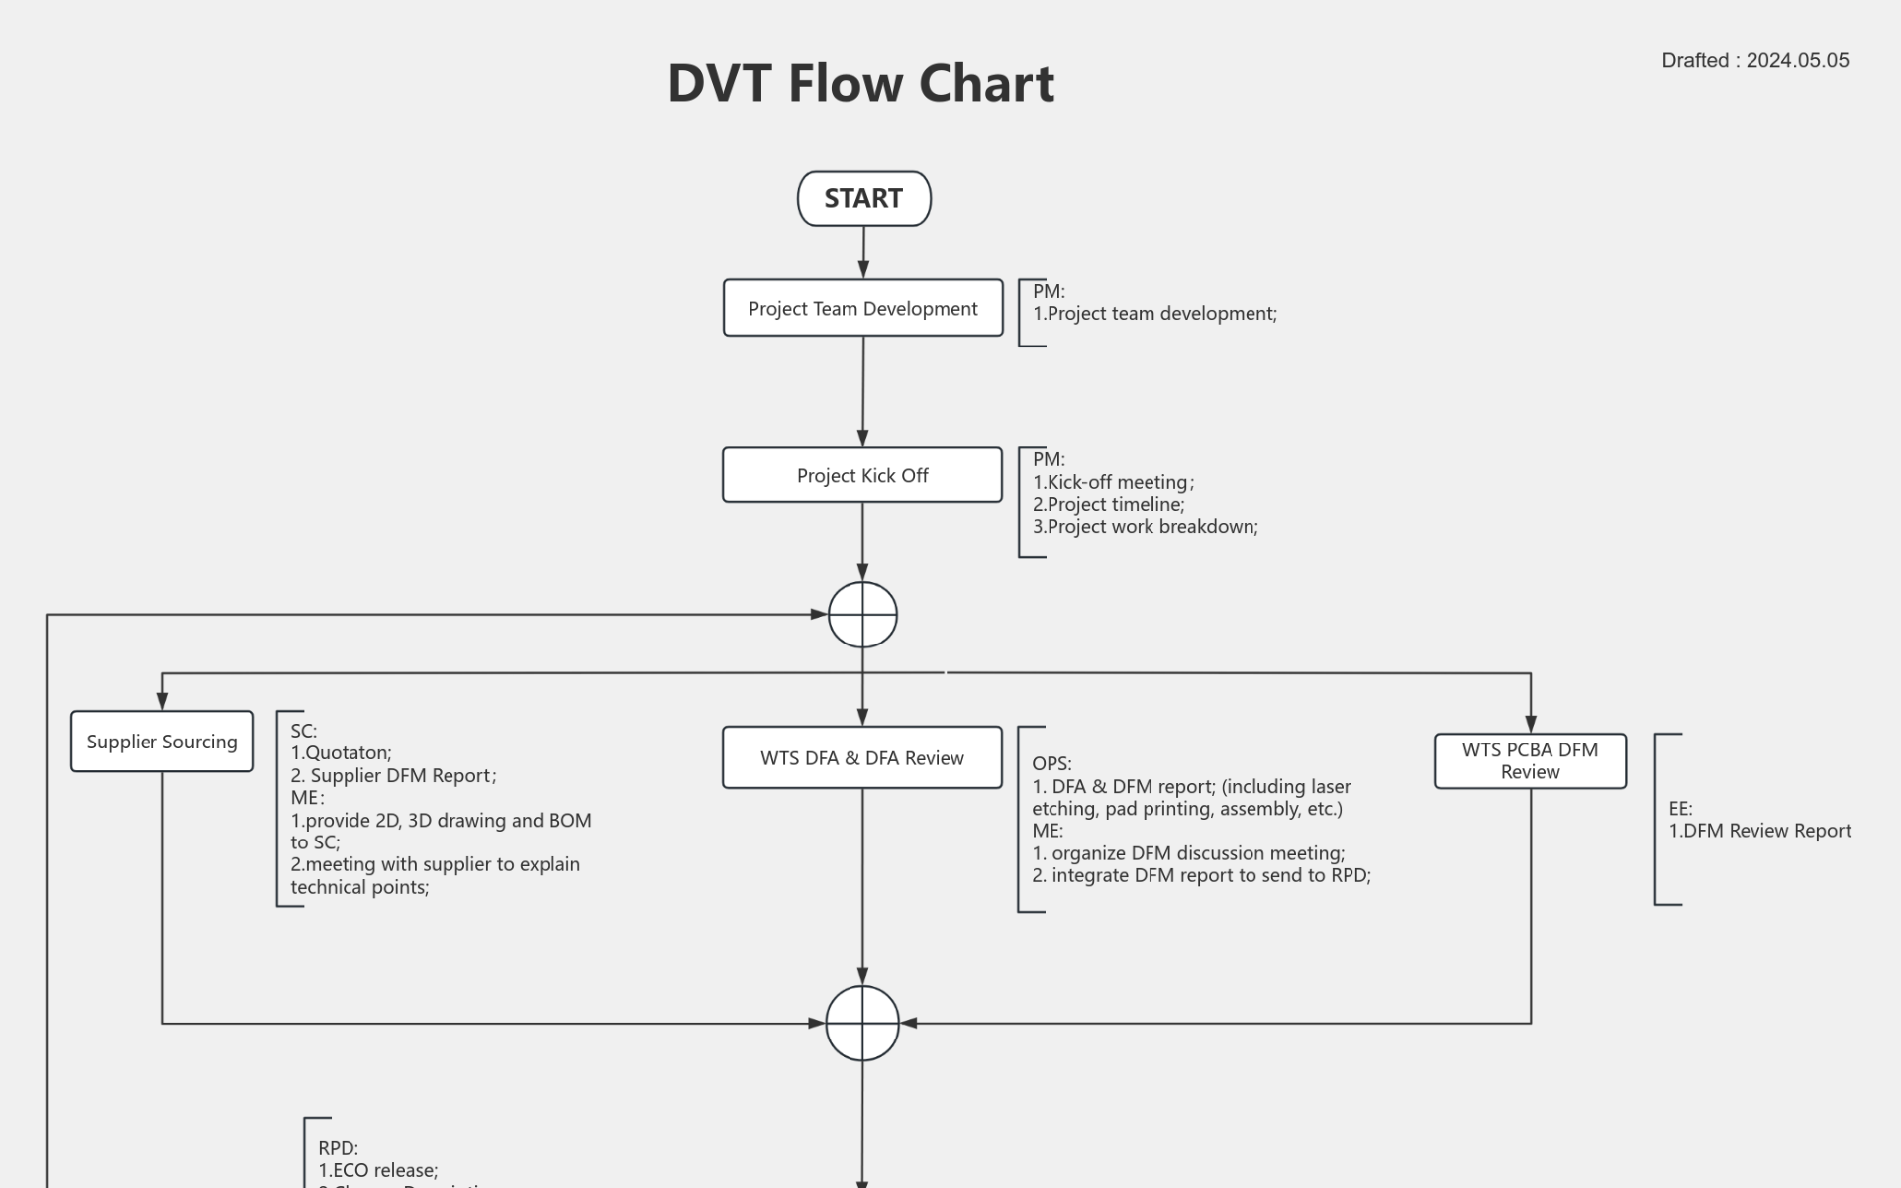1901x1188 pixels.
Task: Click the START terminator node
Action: point(863,199)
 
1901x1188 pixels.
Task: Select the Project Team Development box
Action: point(862,308)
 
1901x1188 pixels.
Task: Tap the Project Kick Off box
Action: point(861,475)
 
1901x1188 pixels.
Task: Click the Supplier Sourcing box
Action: point(161,742)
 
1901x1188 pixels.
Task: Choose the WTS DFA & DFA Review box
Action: point(861,758)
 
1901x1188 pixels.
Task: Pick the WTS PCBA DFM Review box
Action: point(1530,760)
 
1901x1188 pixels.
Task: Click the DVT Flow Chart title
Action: point(860,83)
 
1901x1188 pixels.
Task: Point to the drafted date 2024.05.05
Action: point(1796,60)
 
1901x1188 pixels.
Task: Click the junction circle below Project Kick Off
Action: point(862,615)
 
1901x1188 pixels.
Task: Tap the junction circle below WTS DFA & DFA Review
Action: point(862,1023)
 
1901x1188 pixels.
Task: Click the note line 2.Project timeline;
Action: point(1108,504)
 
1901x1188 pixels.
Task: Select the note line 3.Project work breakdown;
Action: point(1145,527)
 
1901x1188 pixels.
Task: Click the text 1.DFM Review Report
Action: point(1759,831)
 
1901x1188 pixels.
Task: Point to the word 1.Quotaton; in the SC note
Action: point(341,752)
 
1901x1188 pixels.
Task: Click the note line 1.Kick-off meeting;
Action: point(1113,482)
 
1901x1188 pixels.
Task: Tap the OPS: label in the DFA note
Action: point(1051,763)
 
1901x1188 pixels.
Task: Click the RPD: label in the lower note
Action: point(338,1148)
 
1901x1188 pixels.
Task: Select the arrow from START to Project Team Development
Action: point(863,251)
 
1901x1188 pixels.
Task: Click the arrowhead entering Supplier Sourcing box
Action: point(162,701)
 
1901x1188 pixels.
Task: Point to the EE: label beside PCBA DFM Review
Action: point(1680,809)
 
